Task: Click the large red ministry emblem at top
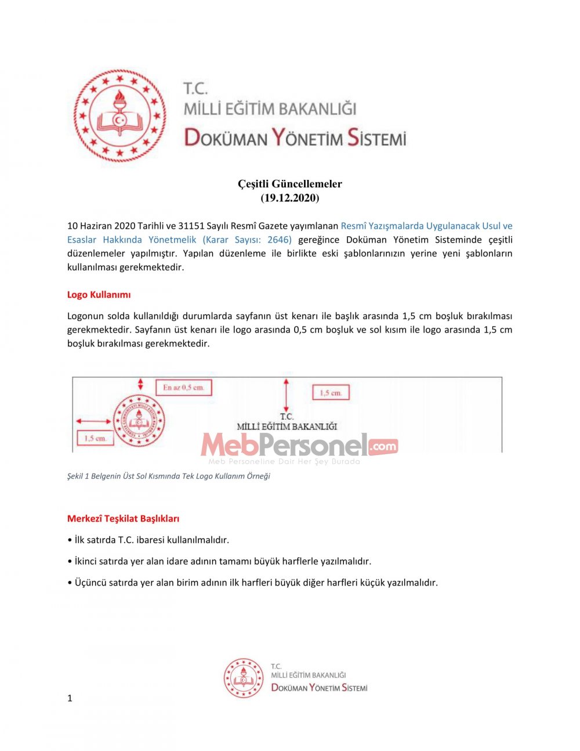[x=119, y=115]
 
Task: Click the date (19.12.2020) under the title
[x=290, y=198]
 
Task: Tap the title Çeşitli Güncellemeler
[x=290, y=184]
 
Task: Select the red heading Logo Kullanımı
[x=99, y=294]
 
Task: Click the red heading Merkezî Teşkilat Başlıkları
[x=123, y=518]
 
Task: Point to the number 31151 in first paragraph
[x=194, y=226]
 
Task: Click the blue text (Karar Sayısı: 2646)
[x=247, y=240]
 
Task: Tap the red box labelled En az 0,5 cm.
[x=184, y=387]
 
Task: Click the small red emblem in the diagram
[x=139, y=421]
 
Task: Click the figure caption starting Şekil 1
[x=168, y=476]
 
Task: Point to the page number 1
[x=70, y=698]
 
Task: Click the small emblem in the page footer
[x=244, y=677]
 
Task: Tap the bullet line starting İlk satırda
[x=148, y=540]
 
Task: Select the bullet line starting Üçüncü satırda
[x=253, y=582]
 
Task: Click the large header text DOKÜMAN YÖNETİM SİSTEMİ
[x=295, y=138]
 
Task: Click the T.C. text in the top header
[x=195, y=88]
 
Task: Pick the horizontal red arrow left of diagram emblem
[x=93, y=421]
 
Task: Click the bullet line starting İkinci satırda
[x=219, y=561]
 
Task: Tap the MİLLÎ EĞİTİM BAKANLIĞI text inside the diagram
[x=287, y=427]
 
